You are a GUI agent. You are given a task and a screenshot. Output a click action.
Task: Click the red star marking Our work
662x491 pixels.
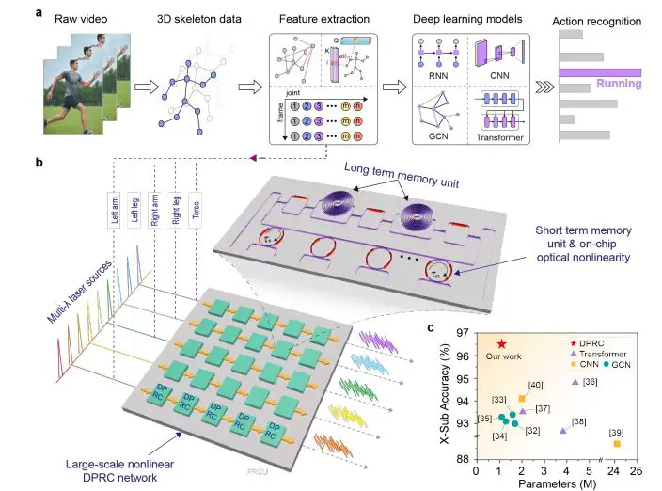(x=502, y=345)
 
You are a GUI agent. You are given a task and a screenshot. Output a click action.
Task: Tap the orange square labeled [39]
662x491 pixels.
(x=617, y=443)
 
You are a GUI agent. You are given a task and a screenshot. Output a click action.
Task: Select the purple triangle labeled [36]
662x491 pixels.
(x=575, y=381)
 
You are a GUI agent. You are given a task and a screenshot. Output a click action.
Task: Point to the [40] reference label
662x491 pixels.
(x=535, y=386)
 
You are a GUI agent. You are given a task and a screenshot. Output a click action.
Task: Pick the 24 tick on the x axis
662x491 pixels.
(x=614, y=469)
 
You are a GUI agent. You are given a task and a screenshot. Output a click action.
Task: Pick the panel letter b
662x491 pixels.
(x=38, y=163)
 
